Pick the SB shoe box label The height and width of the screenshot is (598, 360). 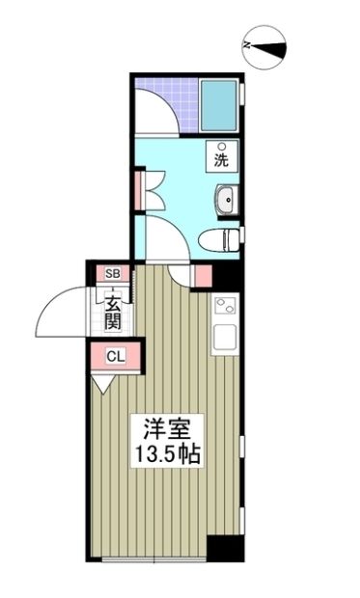113,274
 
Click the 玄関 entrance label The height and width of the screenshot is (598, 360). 112,310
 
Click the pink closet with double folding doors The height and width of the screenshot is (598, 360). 141,189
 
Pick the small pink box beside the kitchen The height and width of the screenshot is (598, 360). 202,275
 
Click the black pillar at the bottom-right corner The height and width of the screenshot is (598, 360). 227,548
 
